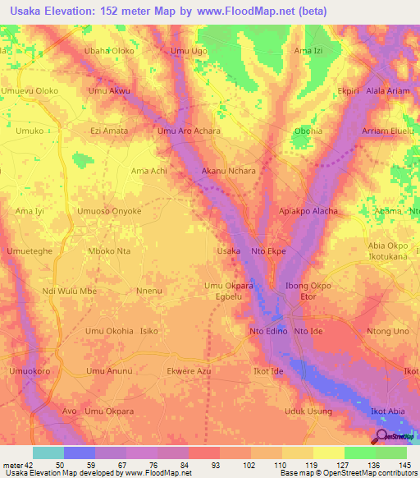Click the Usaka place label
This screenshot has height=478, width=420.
(x=228, y=250)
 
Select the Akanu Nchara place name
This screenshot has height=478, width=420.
(x=229, y=172)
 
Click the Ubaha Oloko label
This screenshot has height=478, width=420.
(x=109, y=51)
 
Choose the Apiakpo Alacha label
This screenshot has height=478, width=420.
(x=308, y=211)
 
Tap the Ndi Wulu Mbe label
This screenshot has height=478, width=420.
(x=69, y=291)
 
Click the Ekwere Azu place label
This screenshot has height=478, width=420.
(x=189, y=371)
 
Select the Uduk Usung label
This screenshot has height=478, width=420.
(x=308, y=411)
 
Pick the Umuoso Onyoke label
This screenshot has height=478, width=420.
(x=109, y=211)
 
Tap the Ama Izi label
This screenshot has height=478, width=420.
(x=308, y=51)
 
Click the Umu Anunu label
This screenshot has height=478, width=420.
(x=109, y=371)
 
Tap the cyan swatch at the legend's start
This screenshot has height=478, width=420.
(x=48, y=453)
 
